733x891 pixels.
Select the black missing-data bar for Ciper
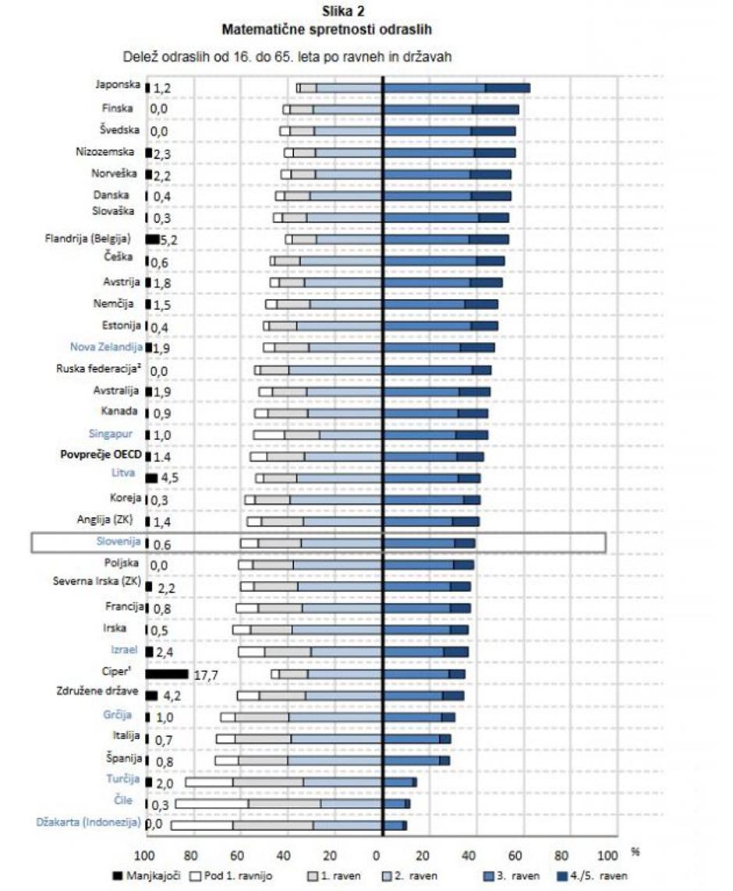[167, 674]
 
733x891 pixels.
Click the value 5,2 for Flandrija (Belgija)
[169, 241]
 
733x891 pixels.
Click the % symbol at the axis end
[636, 852]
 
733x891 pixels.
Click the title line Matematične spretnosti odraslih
[326, 30]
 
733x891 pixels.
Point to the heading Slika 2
[326, 13]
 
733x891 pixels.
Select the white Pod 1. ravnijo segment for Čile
[211, 803]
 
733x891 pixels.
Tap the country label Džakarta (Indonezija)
[89, 822]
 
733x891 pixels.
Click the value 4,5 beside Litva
[168, 478]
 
